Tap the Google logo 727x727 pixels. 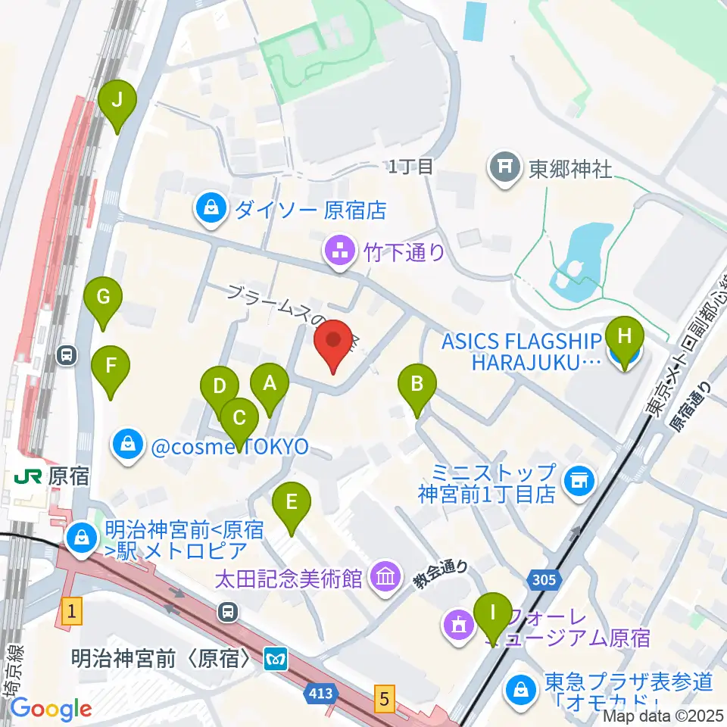(x=51, y=709)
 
